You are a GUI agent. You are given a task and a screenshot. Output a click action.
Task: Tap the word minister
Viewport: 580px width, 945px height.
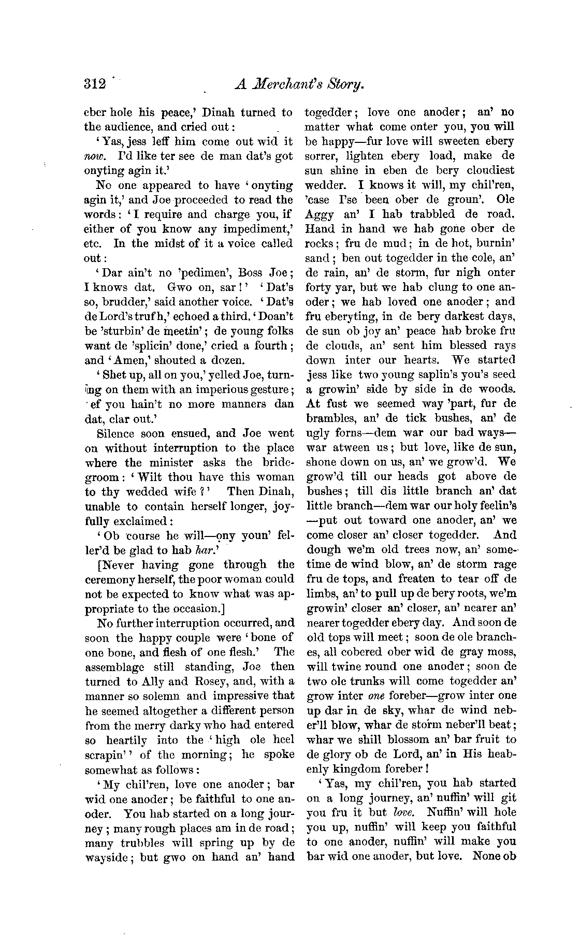(170, 463)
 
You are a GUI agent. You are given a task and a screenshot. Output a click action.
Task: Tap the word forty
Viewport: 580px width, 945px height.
(318, 287)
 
